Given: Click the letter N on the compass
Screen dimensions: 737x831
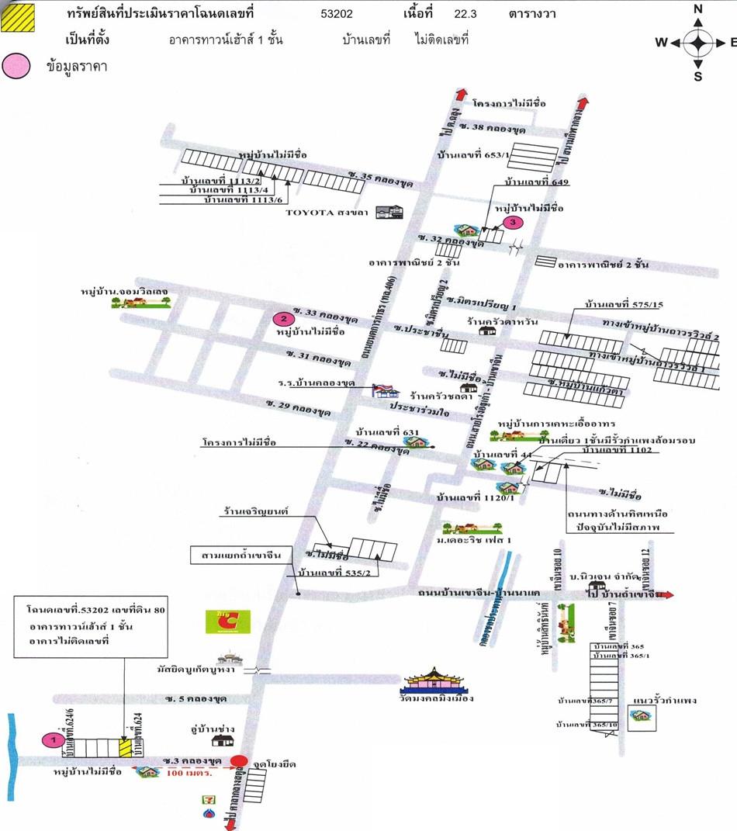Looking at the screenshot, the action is [697, 9].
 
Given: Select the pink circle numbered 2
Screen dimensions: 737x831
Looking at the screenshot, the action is [284, 318].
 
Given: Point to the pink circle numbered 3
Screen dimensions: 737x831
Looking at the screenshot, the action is [512, 223].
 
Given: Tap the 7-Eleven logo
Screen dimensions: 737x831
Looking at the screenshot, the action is [209, 797].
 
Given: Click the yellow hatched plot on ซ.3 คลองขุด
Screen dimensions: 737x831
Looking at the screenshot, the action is [126, 748].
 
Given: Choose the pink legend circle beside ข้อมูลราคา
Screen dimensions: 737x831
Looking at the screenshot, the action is [16, 67].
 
